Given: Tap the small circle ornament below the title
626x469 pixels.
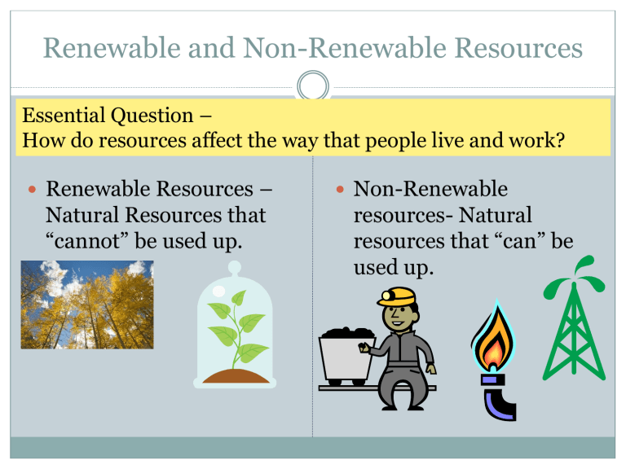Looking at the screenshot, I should pos(313,86).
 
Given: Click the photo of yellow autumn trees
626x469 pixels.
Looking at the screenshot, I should pos(86,305).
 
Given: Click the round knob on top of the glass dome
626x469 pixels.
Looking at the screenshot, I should pos(236,267).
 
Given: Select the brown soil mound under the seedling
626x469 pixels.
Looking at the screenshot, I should pos(236,376).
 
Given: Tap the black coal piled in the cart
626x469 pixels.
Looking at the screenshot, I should pos(347,333).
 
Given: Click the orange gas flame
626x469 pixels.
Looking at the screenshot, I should pos(493,346).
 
